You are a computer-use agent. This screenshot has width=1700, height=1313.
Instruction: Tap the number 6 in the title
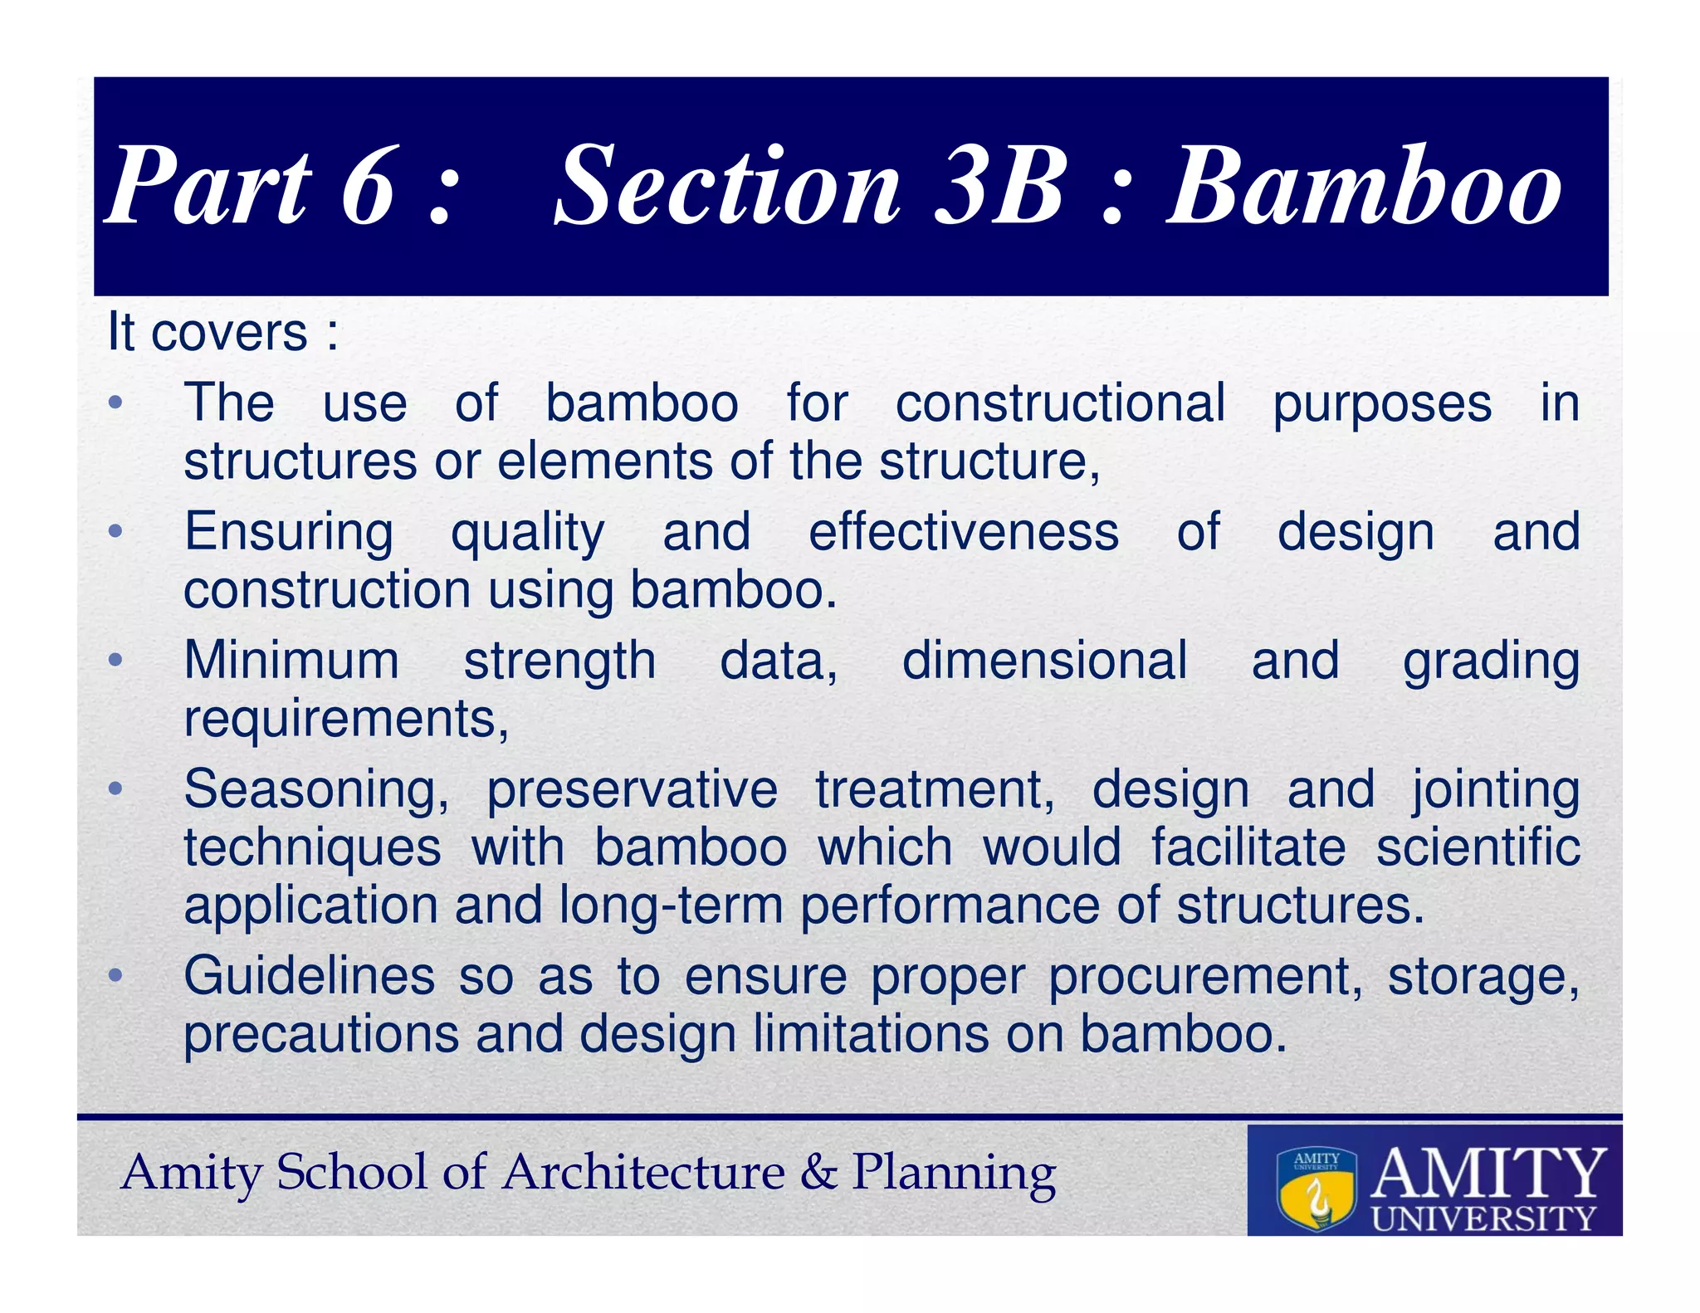tap(368, 188)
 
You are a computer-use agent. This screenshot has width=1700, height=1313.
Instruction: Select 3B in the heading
tap(999, 188)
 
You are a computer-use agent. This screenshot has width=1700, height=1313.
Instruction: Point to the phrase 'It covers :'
tap(222, 334)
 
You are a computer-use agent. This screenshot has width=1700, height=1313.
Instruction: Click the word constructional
tap(1060, 404)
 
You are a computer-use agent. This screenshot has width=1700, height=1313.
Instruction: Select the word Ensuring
tap(288, 532)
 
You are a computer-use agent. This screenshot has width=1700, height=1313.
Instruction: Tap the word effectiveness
tap(963, 532)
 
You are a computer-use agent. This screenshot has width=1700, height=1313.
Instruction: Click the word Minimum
tap(291, 661)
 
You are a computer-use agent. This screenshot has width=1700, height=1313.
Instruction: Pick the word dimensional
tap(1044, 661)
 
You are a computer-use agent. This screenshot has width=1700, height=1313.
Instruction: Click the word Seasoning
tap(315, 790)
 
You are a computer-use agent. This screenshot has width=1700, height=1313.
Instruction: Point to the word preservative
tap(632, 790)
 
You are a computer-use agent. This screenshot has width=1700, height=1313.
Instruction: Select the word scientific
tap(1478, 848)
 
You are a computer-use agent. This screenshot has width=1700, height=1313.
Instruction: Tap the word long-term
tap(671, 905)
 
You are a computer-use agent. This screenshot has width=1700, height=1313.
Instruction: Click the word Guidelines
tap(309, 976)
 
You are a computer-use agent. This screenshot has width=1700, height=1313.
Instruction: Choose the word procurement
tap(1204, 978)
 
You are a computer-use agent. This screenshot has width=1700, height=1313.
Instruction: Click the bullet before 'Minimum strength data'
tap(115, 661)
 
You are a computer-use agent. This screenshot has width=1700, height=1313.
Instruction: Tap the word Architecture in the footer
tap(643, 1173)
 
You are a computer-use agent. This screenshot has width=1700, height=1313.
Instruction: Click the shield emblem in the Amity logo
tap(1317, 1188)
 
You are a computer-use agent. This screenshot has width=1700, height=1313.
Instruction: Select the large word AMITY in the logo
tap(1487, 1173)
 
